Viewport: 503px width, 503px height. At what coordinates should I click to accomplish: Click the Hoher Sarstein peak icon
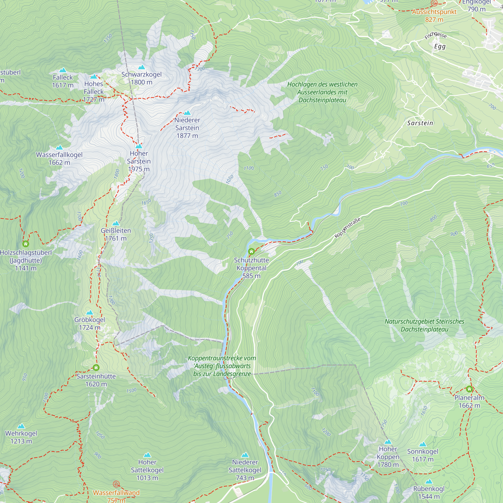(x=139, y=146)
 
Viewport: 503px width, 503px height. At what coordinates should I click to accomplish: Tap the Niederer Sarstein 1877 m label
(x=187, y=128)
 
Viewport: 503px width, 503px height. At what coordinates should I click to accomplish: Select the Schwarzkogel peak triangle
(x=141, y=67)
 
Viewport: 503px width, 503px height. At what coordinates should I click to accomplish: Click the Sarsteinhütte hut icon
(x=96, y=368)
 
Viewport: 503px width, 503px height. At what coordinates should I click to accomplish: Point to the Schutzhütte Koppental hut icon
(x=251, y=251)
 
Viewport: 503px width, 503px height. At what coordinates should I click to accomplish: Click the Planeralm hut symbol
(x=469, y=389)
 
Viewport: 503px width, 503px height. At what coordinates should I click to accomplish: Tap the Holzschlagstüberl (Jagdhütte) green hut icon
(x=25, y=244)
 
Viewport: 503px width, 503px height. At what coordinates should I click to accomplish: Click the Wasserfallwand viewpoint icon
(x=116, y=484)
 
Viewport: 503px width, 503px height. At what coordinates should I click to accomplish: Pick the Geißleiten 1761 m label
(x=116, y=234)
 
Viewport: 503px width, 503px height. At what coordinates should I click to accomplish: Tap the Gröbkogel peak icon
(x=90, y=312)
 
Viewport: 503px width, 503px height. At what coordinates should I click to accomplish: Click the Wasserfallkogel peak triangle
(x=59, y=148)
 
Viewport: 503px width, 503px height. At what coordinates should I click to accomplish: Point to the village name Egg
(x=440, y=47)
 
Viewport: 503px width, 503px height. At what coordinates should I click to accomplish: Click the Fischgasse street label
(x=436, y=35)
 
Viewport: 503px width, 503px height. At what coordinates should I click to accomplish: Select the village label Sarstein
(x=420, y=123)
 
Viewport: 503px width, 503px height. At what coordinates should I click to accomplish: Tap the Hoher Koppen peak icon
(x=388, y=442)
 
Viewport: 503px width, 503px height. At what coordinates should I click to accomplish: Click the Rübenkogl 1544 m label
(x=429, y=493)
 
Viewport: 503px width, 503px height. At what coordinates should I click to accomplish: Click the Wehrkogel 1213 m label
(x=21, y=437)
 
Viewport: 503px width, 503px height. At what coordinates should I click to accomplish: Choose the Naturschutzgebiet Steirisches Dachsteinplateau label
(x=424, y=325)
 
